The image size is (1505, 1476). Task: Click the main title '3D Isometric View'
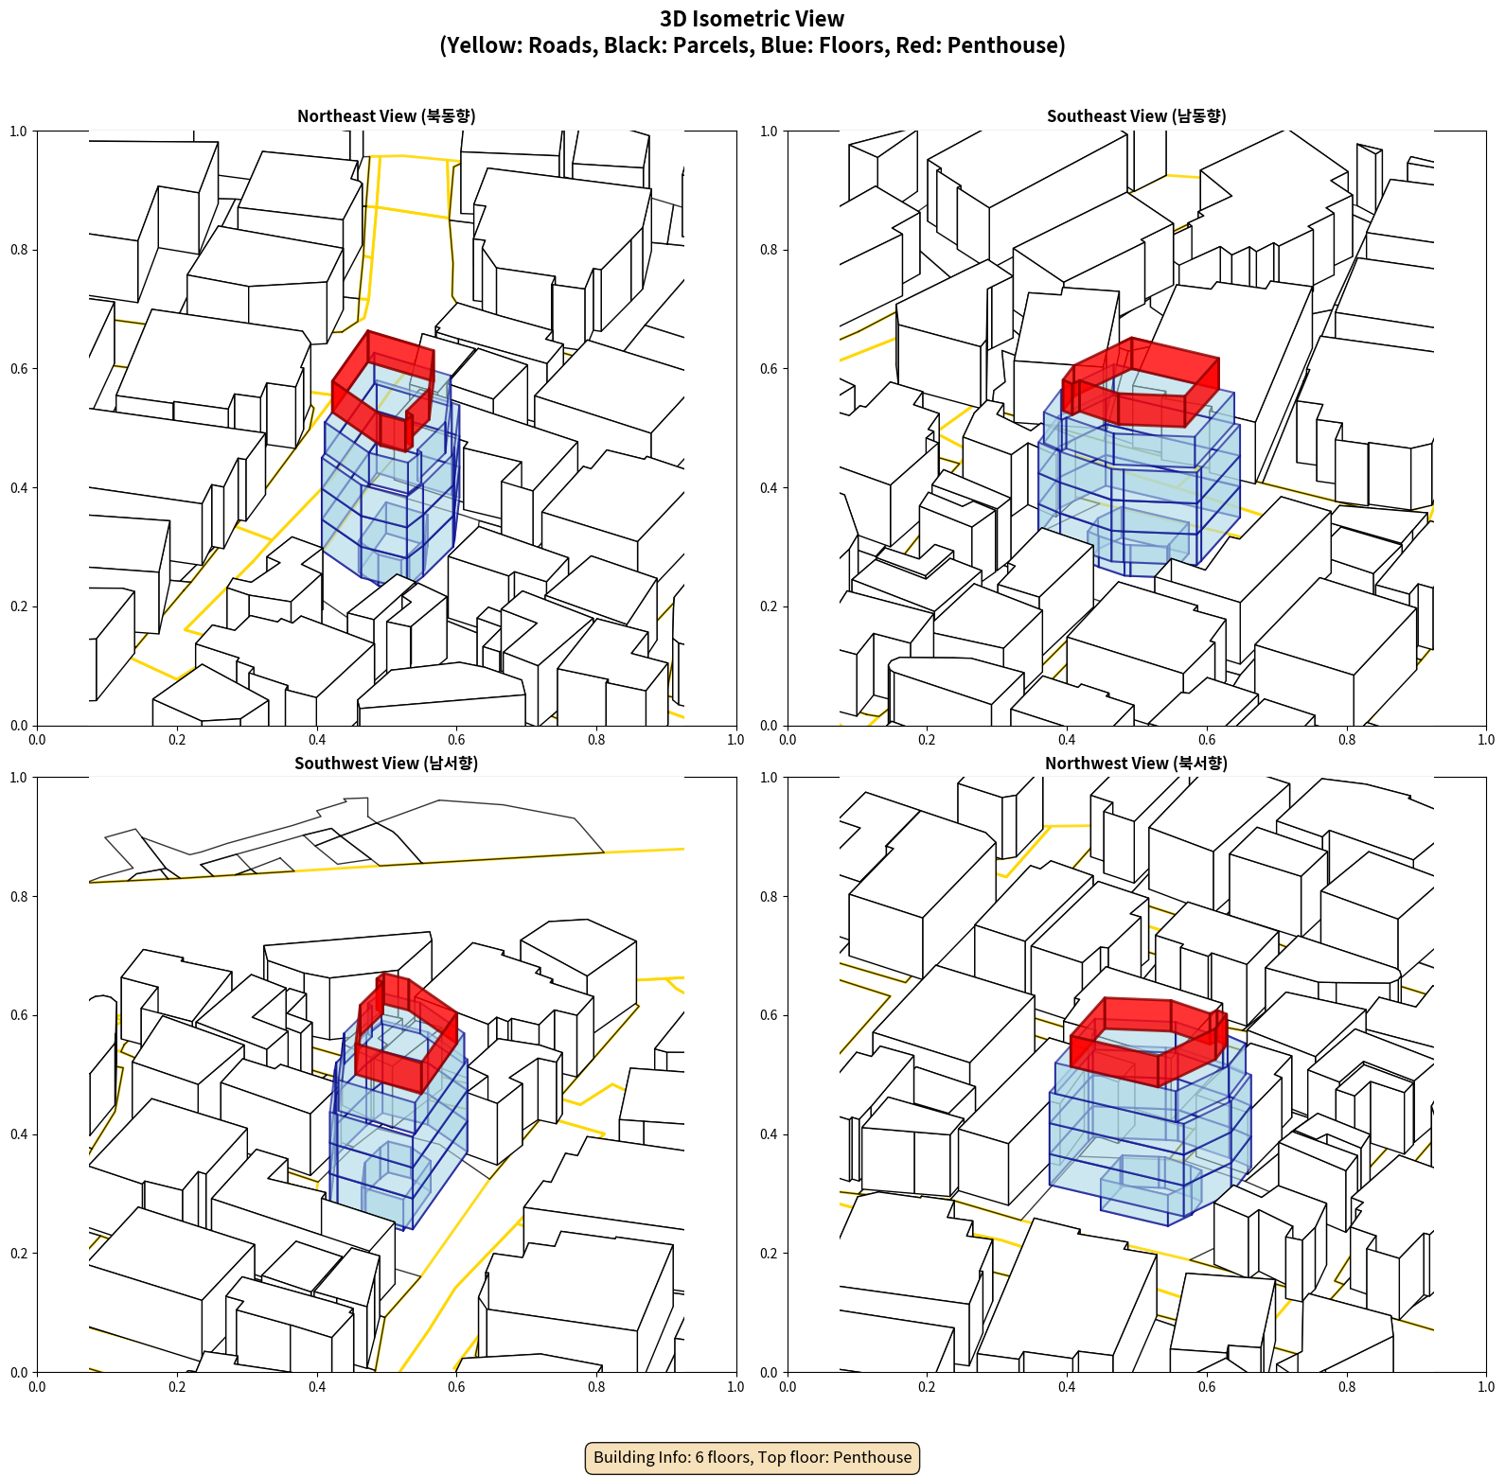(752, 19)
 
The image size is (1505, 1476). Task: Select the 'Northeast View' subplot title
(386, 115)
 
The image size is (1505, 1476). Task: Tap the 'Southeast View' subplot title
(1136, 115)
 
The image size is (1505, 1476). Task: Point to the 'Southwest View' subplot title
(386, 763)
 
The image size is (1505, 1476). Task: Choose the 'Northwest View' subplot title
(1136, 763)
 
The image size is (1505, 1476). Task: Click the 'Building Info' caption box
(752, 1457)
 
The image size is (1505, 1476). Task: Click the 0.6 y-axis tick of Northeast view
(19, 369)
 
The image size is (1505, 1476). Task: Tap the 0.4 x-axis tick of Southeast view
(1067, 740)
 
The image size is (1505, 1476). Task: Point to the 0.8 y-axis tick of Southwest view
(19, 897)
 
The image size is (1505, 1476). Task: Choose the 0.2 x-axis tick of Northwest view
(927, 1387)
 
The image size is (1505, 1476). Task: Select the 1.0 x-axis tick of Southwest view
(735, 1387)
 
